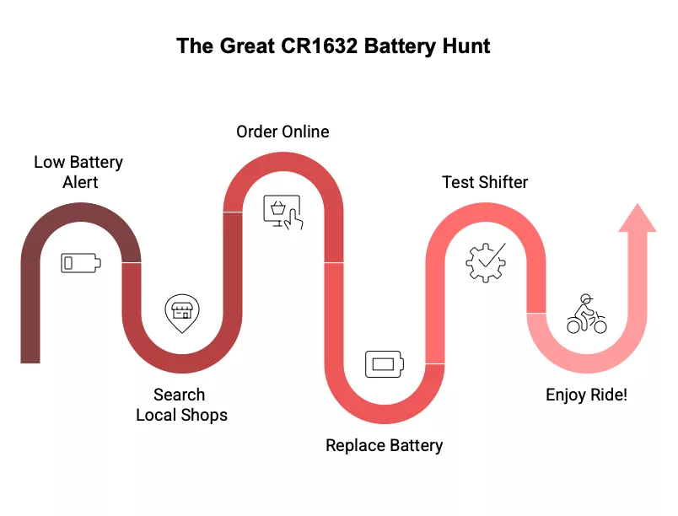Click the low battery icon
click(81, 263)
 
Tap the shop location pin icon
click(181, 314)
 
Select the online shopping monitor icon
click(283, 212)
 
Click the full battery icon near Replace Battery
click(385, 365)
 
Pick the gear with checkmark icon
click(486, 262)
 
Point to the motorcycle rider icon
click(586, 314)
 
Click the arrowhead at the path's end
click(637, 218)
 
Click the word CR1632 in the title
click(319, 46)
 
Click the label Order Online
click(282, 132)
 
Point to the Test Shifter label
click(485, 182)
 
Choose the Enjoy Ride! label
click(586, 395)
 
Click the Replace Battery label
click(384, 445)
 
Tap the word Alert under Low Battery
click(80, 182)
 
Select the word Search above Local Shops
click(179, 395)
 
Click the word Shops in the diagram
click(206, 415)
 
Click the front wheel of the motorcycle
click(599, 325)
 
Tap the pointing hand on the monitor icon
click(292, 220)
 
